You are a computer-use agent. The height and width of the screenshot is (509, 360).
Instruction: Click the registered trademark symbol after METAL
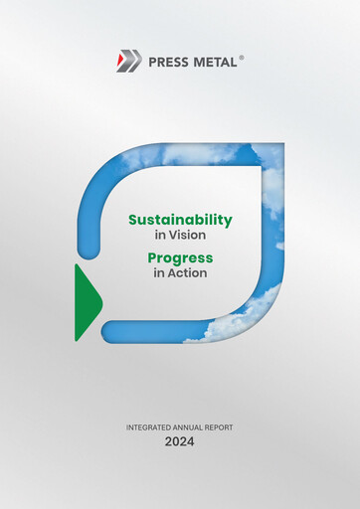coord(241,58)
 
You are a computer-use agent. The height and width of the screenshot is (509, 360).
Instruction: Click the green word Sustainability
coord(179,220)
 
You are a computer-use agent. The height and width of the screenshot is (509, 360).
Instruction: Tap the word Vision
coord(189,237)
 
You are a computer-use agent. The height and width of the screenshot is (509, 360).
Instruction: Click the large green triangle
coord(87,302)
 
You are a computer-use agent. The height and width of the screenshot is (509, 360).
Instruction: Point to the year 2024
coord(180,441)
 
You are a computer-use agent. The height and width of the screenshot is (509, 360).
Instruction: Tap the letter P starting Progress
coord(153,256)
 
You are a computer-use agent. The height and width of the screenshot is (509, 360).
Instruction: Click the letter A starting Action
coord(171,273)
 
